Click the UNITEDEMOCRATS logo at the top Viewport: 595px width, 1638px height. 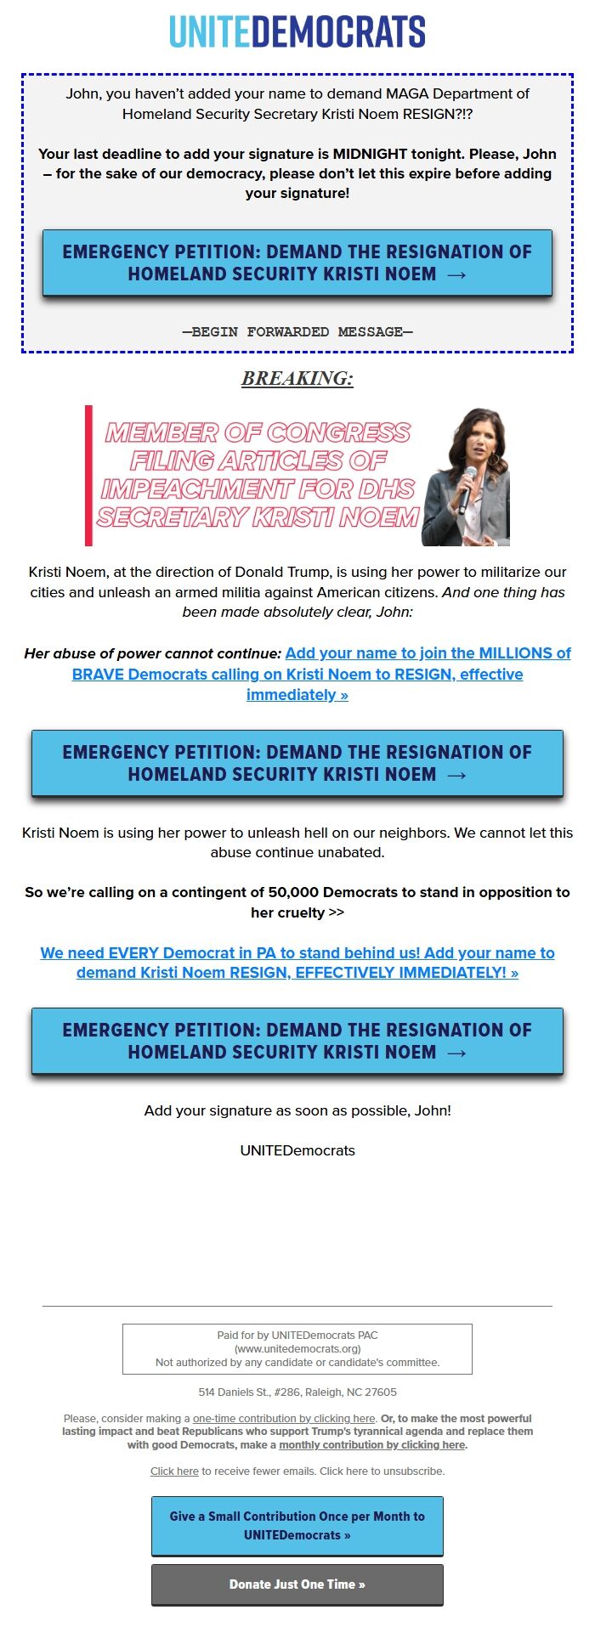click(x=297, y=32)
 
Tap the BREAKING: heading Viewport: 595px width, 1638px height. click(x=297, y=379)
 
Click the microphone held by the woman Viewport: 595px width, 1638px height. click(x=467, y=485)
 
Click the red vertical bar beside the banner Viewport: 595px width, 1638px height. click(x=88, y=475)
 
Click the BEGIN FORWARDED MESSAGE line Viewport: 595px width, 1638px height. click(x=297, y=331)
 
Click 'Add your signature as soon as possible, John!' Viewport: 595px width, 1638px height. click(x=297, y=1110)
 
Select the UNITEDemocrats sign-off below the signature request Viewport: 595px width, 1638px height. click(x=297, y=1150)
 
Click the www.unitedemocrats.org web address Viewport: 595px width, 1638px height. click(x=297, y=1348)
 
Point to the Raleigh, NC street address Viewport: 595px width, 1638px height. click(x=297, y=1392)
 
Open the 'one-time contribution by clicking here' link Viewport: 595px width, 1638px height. click(x=284, y=1418)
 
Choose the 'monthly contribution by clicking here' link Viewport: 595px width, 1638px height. click(x=371, y=1444)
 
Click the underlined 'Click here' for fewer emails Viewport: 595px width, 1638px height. click(x=174, y=1471)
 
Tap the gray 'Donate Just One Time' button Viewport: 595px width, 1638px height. click(x=297, y=1584)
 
